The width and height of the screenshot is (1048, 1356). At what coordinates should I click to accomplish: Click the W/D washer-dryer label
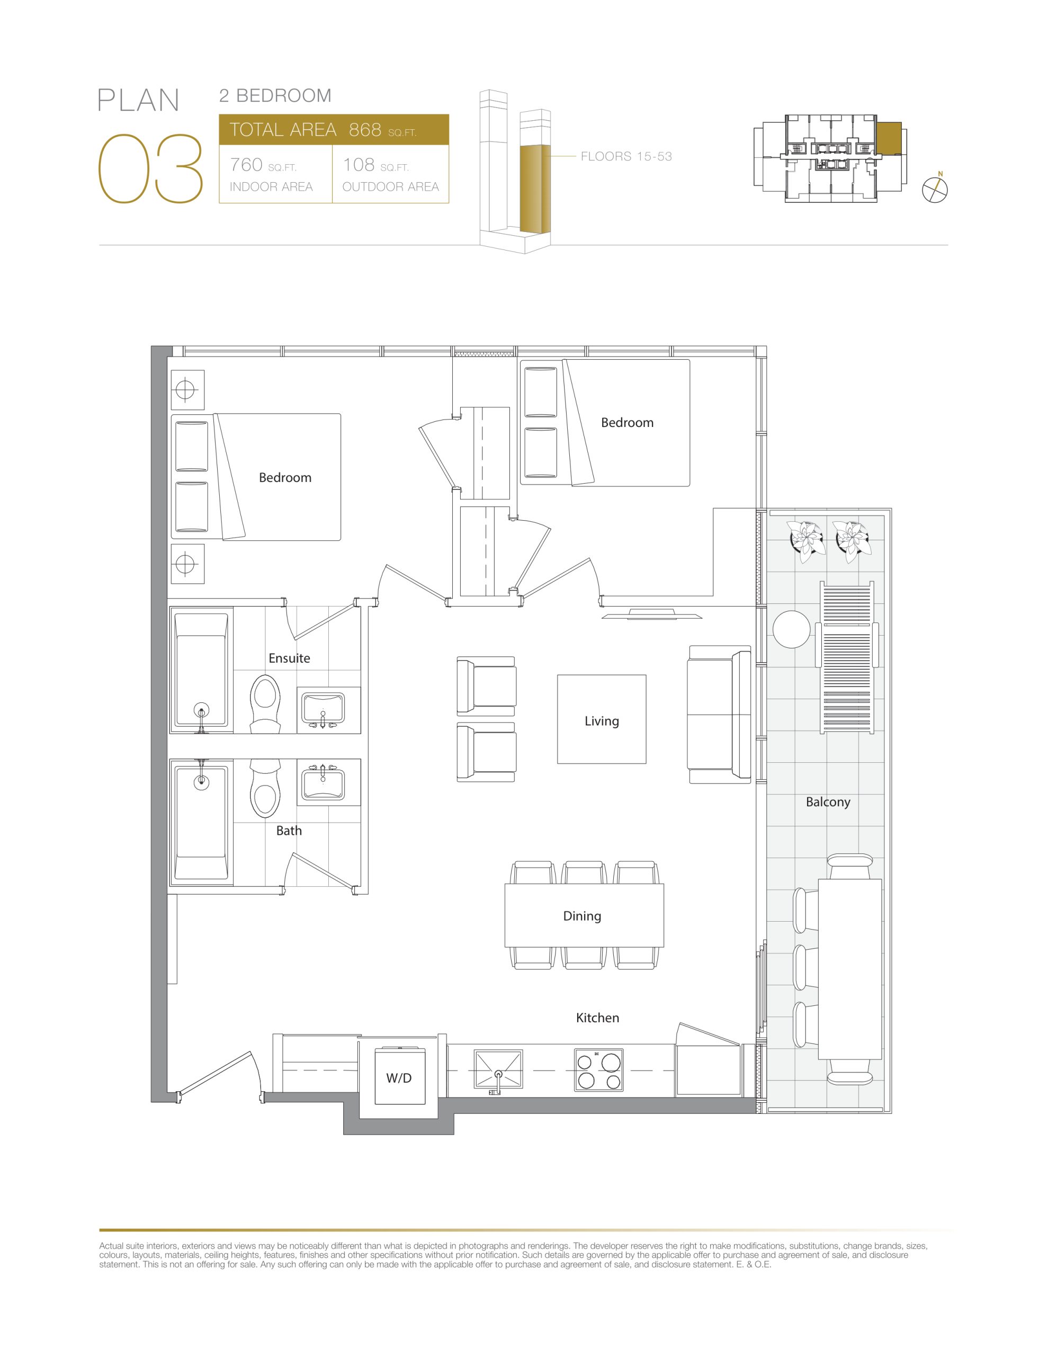tap(399, 1078)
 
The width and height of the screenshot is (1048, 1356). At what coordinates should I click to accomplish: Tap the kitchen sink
tap(498, 1068)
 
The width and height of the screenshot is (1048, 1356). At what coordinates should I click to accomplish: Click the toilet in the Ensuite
tap(265, 704)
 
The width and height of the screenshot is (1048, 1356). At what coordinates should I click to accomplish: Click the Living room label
tap(602, 721)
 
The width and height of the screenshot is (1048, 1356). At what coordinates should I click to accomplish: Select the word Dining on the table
tap(582, 916)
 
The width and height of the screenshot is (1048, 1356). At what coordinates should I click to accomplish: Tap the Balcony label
tap(828, 801)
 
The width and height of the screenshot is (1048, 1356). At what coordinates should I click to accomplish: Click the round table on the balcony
tap(792, 629)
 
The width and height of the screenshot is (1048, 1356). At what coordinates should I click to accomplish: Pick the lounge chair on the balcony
tap(847, 657)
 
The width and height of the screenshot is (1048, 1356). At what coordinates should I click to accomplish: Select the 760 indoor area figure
tap(246, 165)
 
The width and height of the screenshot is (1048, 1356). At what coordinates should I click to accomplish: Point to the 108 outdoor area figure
tap(359, 165)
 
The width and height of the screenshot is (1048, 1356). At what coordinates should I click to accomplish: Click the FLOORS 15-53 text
tap(626, 156)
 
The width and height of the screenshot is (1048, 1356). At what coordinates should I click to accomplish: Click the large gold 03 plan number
tap(151, 169)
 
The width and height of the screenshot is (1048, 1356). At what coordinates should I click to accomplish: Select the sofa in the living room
tap(719, 715)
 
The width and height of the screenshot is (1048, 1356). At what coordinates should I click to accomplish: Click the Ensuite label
tap(289, 658)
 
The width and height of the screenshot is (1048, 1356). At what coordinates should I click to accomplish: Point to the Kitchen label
tap(597, 1018)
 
